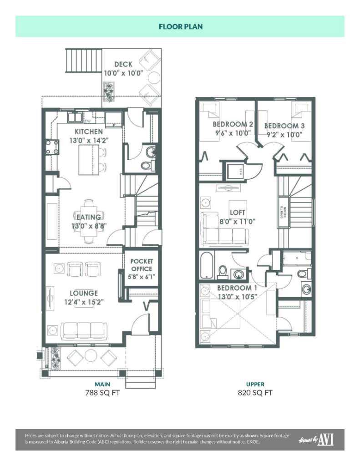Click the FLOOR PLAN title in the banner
tap(180, 26)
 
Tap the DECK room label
tap(123, 64)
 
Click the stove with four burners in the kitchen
tap(51, 147)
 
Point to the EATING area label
tap(88, 217)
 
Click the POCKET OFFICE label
tap(142, 265)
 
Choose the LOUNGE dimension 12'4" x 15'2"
tap(84, 302)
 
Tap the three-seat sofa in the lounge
tap(84, 330)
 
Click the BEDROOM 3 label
tap(284, 126)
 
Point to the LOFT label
tap(237, 212)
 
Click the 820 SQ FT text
tap(255, 393)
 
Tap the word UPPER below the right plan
tap(255, 384)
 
